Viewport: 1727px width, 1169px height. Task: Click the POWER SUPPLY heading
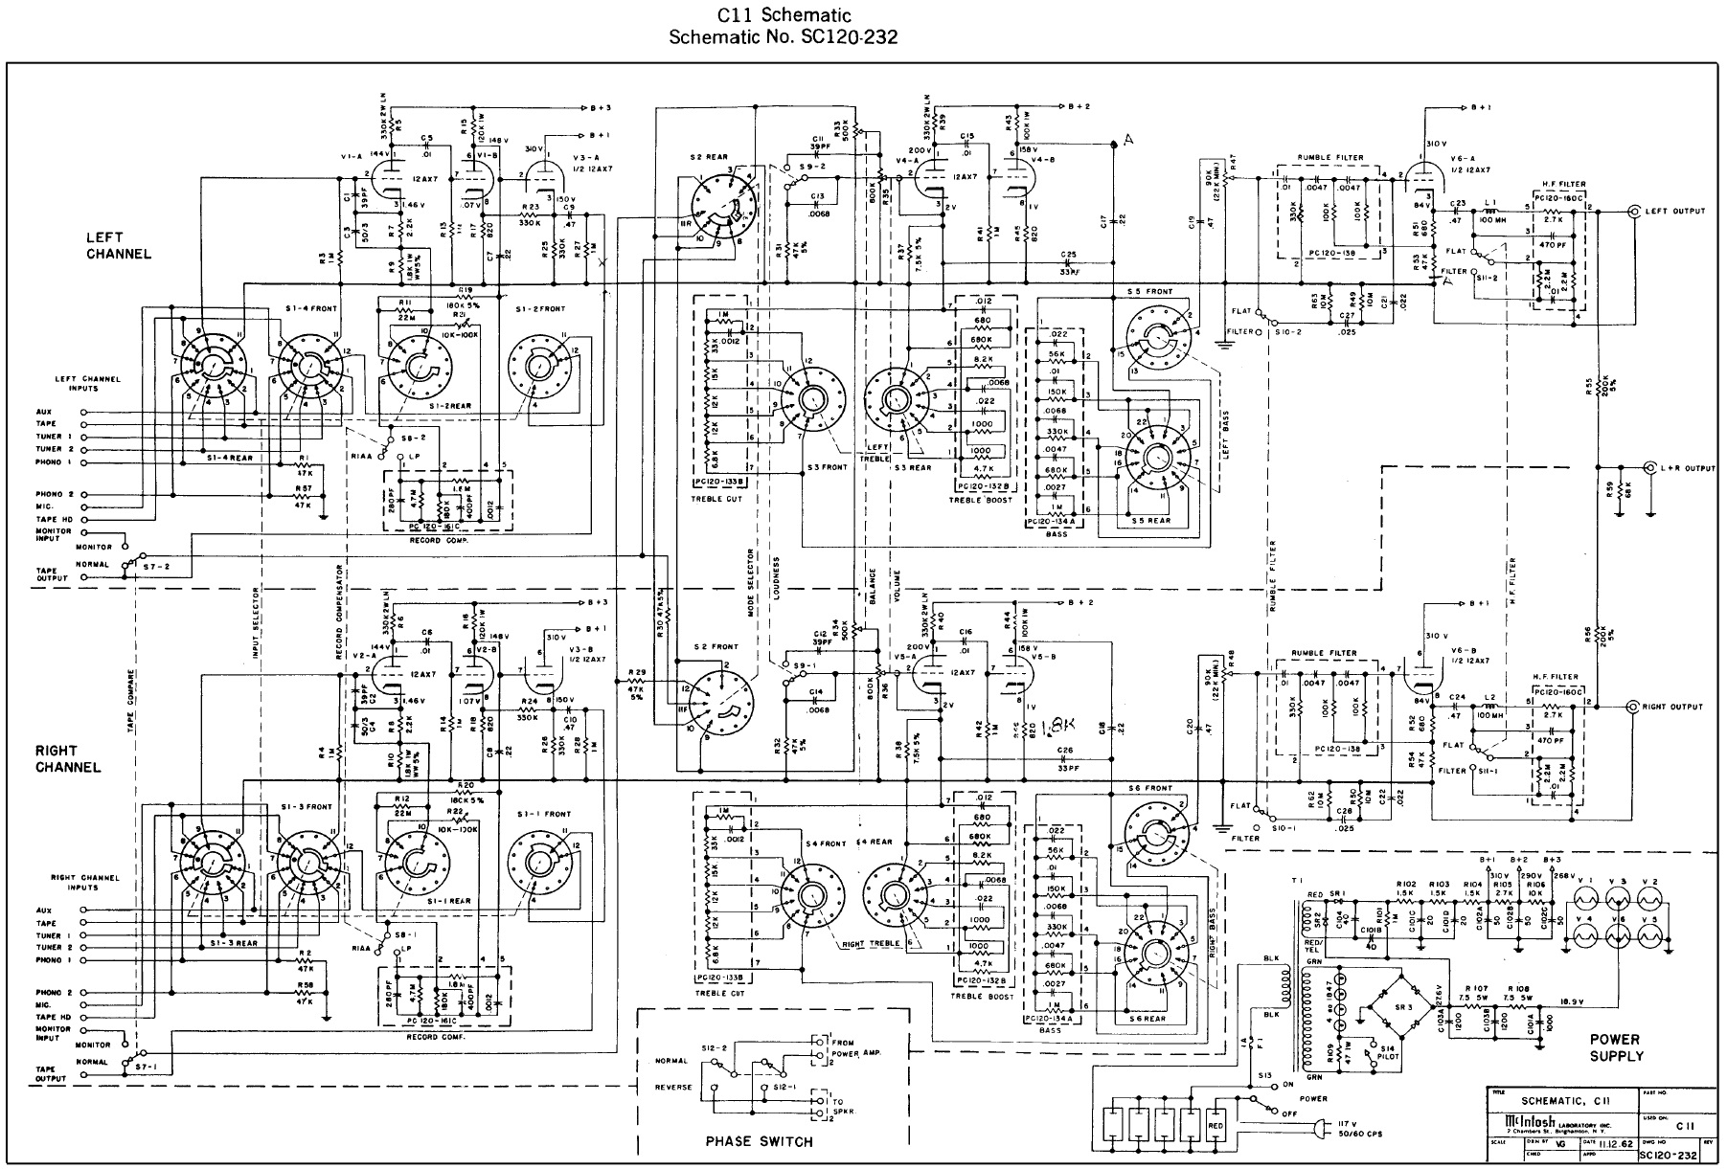[x=1615, y=1047]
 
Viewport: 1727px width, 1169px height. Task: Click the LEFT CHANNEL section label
[x=119, y=246]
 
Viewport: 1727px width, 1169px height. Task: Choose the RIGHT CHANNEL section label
[x=68, y=759]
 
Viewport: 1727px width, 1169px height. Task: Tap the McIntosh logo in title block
[x=1522, y=1120]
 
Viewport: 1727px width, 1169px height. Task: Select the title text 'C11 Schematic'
[x=784, y=15]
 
